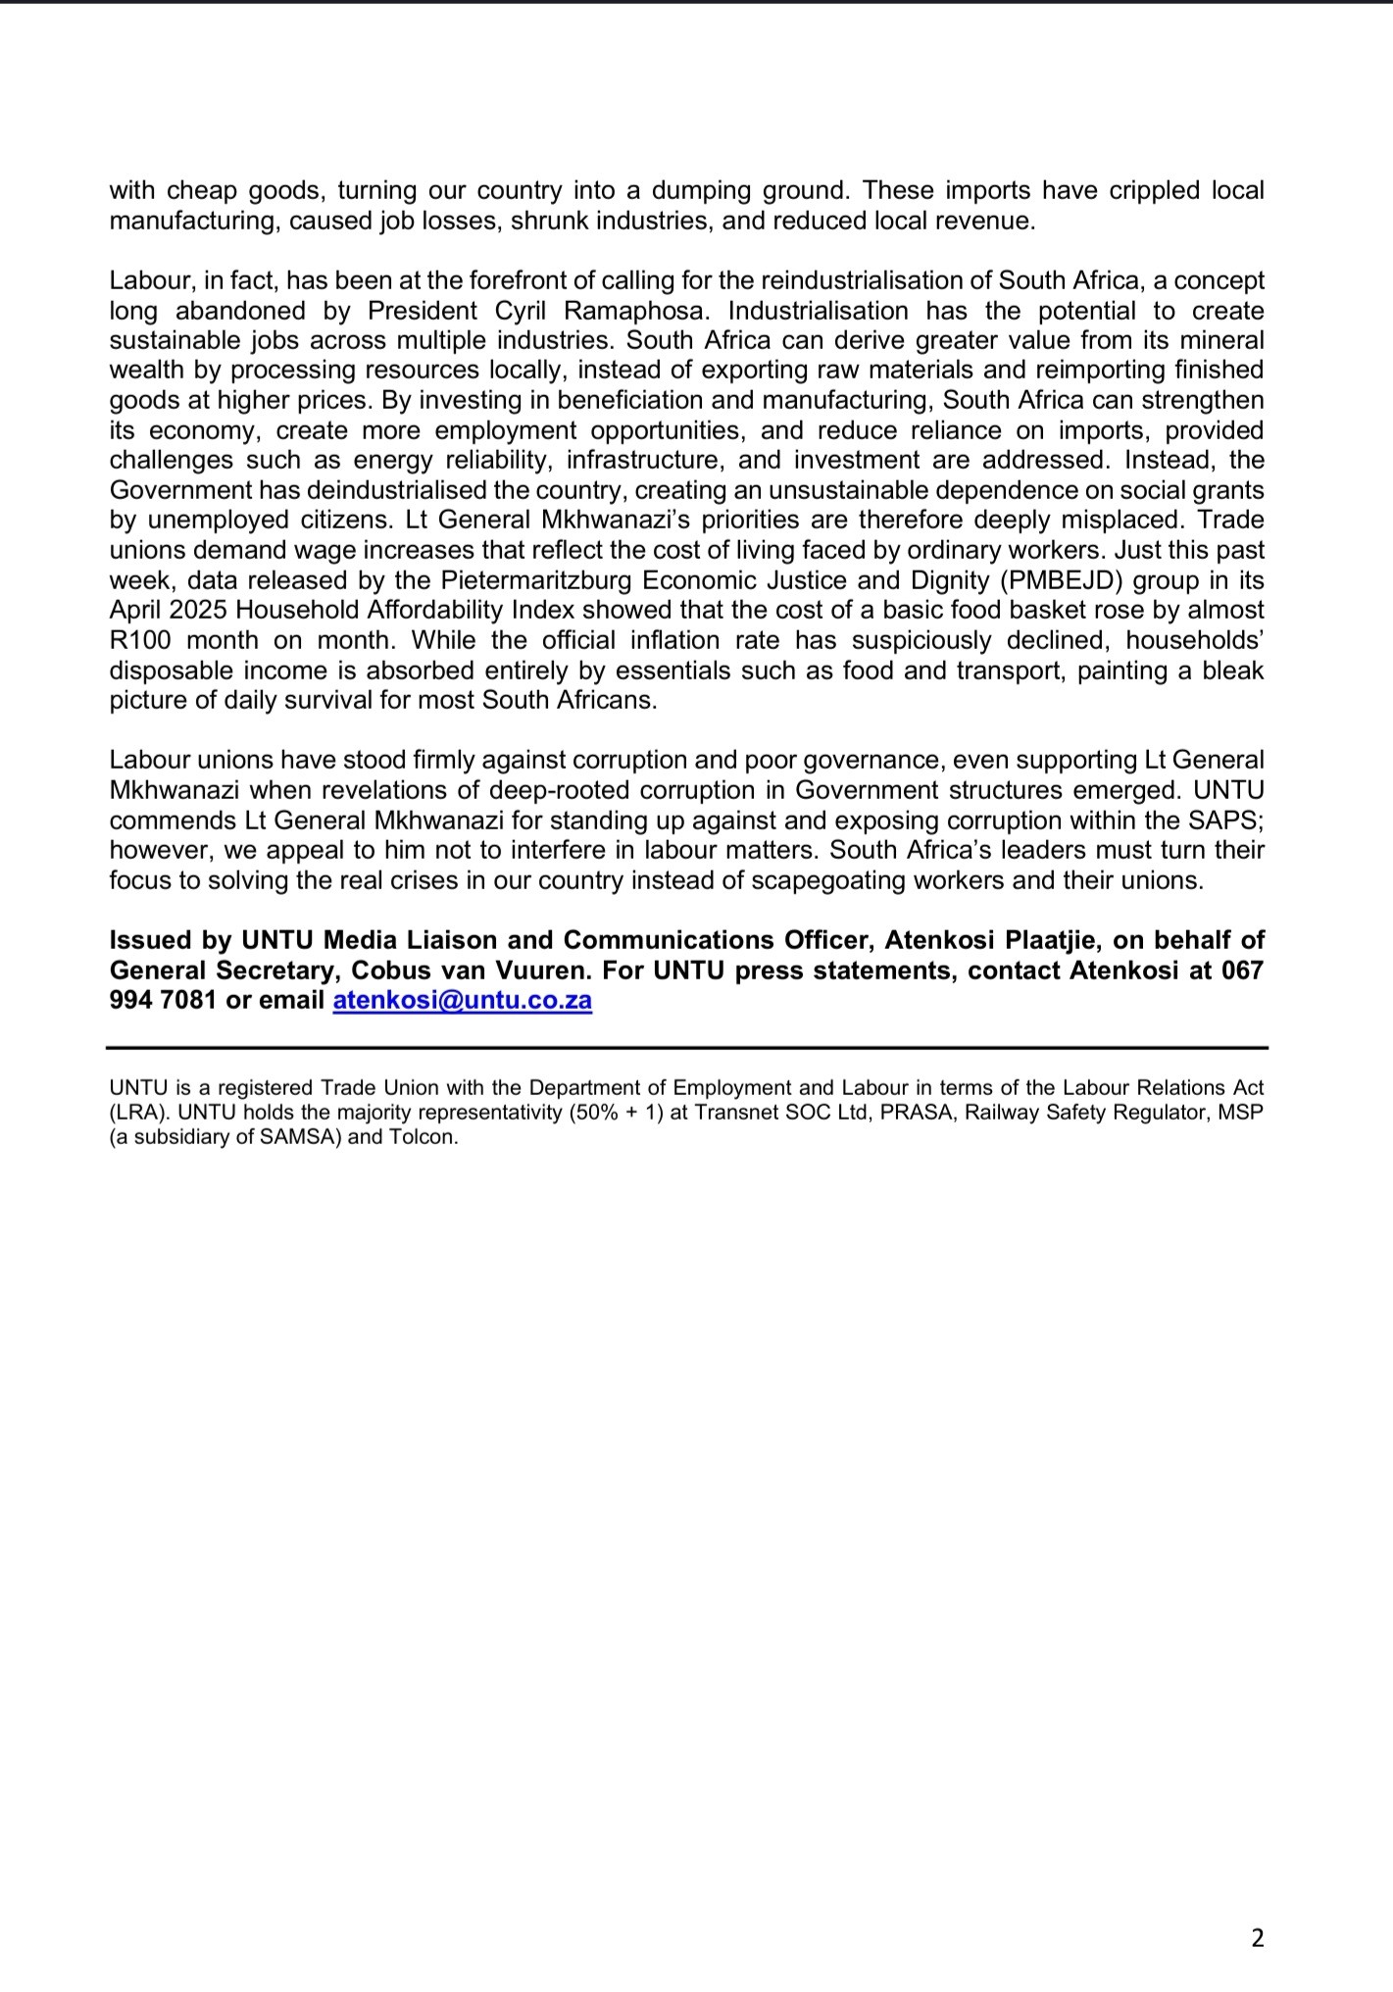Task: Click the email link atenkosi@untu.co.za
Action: click(463, 1001)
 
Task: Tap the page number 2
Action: click(1258, 1937)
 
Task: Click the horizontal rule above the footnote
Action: click(687, 1048)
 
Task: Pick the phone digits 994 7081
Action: click(163, 1001)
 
